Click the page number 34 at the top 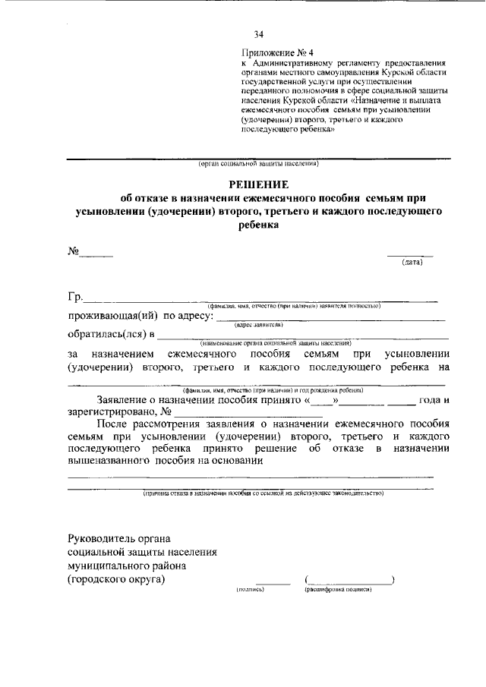(x=258, y=34)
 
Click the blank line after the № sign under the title (x=96, y=254)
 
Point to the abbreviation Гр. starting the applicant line (x=75, y=297)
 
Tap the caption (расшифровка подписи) (x=337, y=589)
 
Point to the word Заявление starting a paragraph (x=125, y=399)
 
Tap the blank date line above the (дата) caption (x=410, y=254)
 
